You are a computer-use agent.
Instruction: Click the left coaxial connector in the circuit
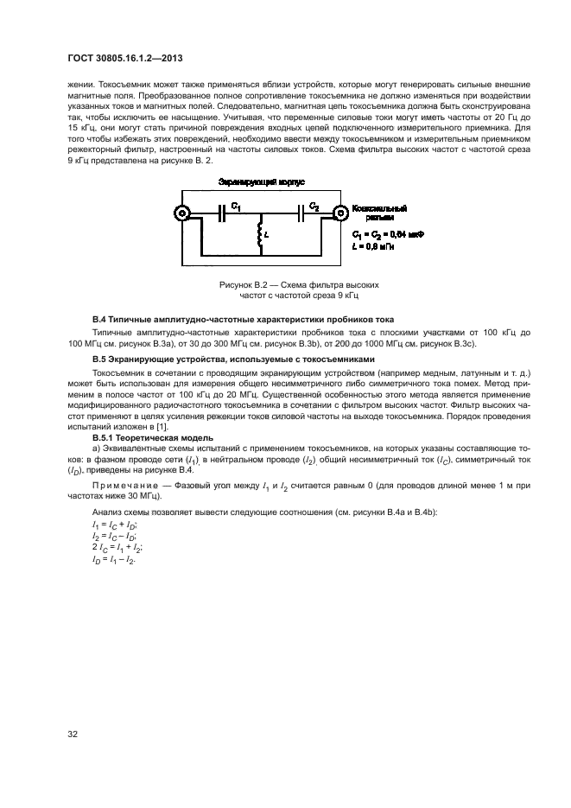tap(182, 213)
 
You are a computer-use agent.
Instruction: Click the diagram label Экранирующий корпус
tap(259, 183)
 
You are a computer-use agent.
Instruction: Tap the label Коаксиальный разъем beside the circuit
tap(378, 214)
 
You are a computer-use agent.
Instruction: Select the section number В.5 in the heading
tap(101, 359)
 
